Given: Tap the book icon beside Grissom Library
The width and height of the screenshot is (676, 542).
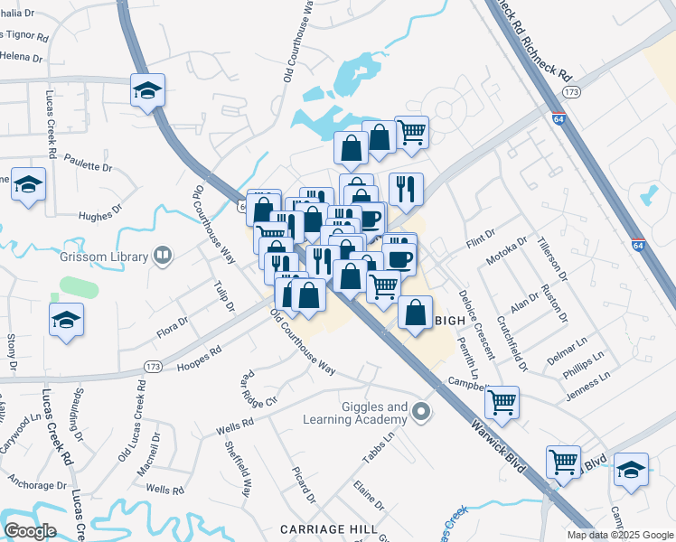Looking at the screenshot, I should coord(163,257).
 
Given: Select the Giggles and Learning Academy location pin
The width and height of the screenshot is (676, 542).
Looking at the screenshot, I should coord(420,414).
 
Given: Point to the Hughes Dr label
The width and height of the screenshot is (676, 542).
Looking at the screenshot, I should coord(99,215).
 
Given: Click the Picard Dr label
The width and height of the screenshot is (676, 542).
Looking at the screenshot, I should coord(304,485).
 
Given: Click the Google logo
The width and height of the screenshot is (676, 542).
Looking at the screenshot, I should coord(30,530).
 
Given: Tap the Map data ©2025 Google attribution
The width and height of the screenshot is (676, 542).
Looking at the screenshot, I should coord(620,535).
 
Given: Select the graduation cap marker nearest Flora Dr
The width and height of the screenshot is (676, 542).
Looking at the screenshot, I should coord(67,320).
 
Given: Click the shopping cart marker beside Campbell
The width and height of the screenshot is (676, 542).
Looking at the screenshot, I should coord(502,400).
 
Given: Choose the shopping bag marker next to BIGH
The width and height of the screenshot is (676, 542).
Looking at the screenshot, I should coord(415,313).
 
